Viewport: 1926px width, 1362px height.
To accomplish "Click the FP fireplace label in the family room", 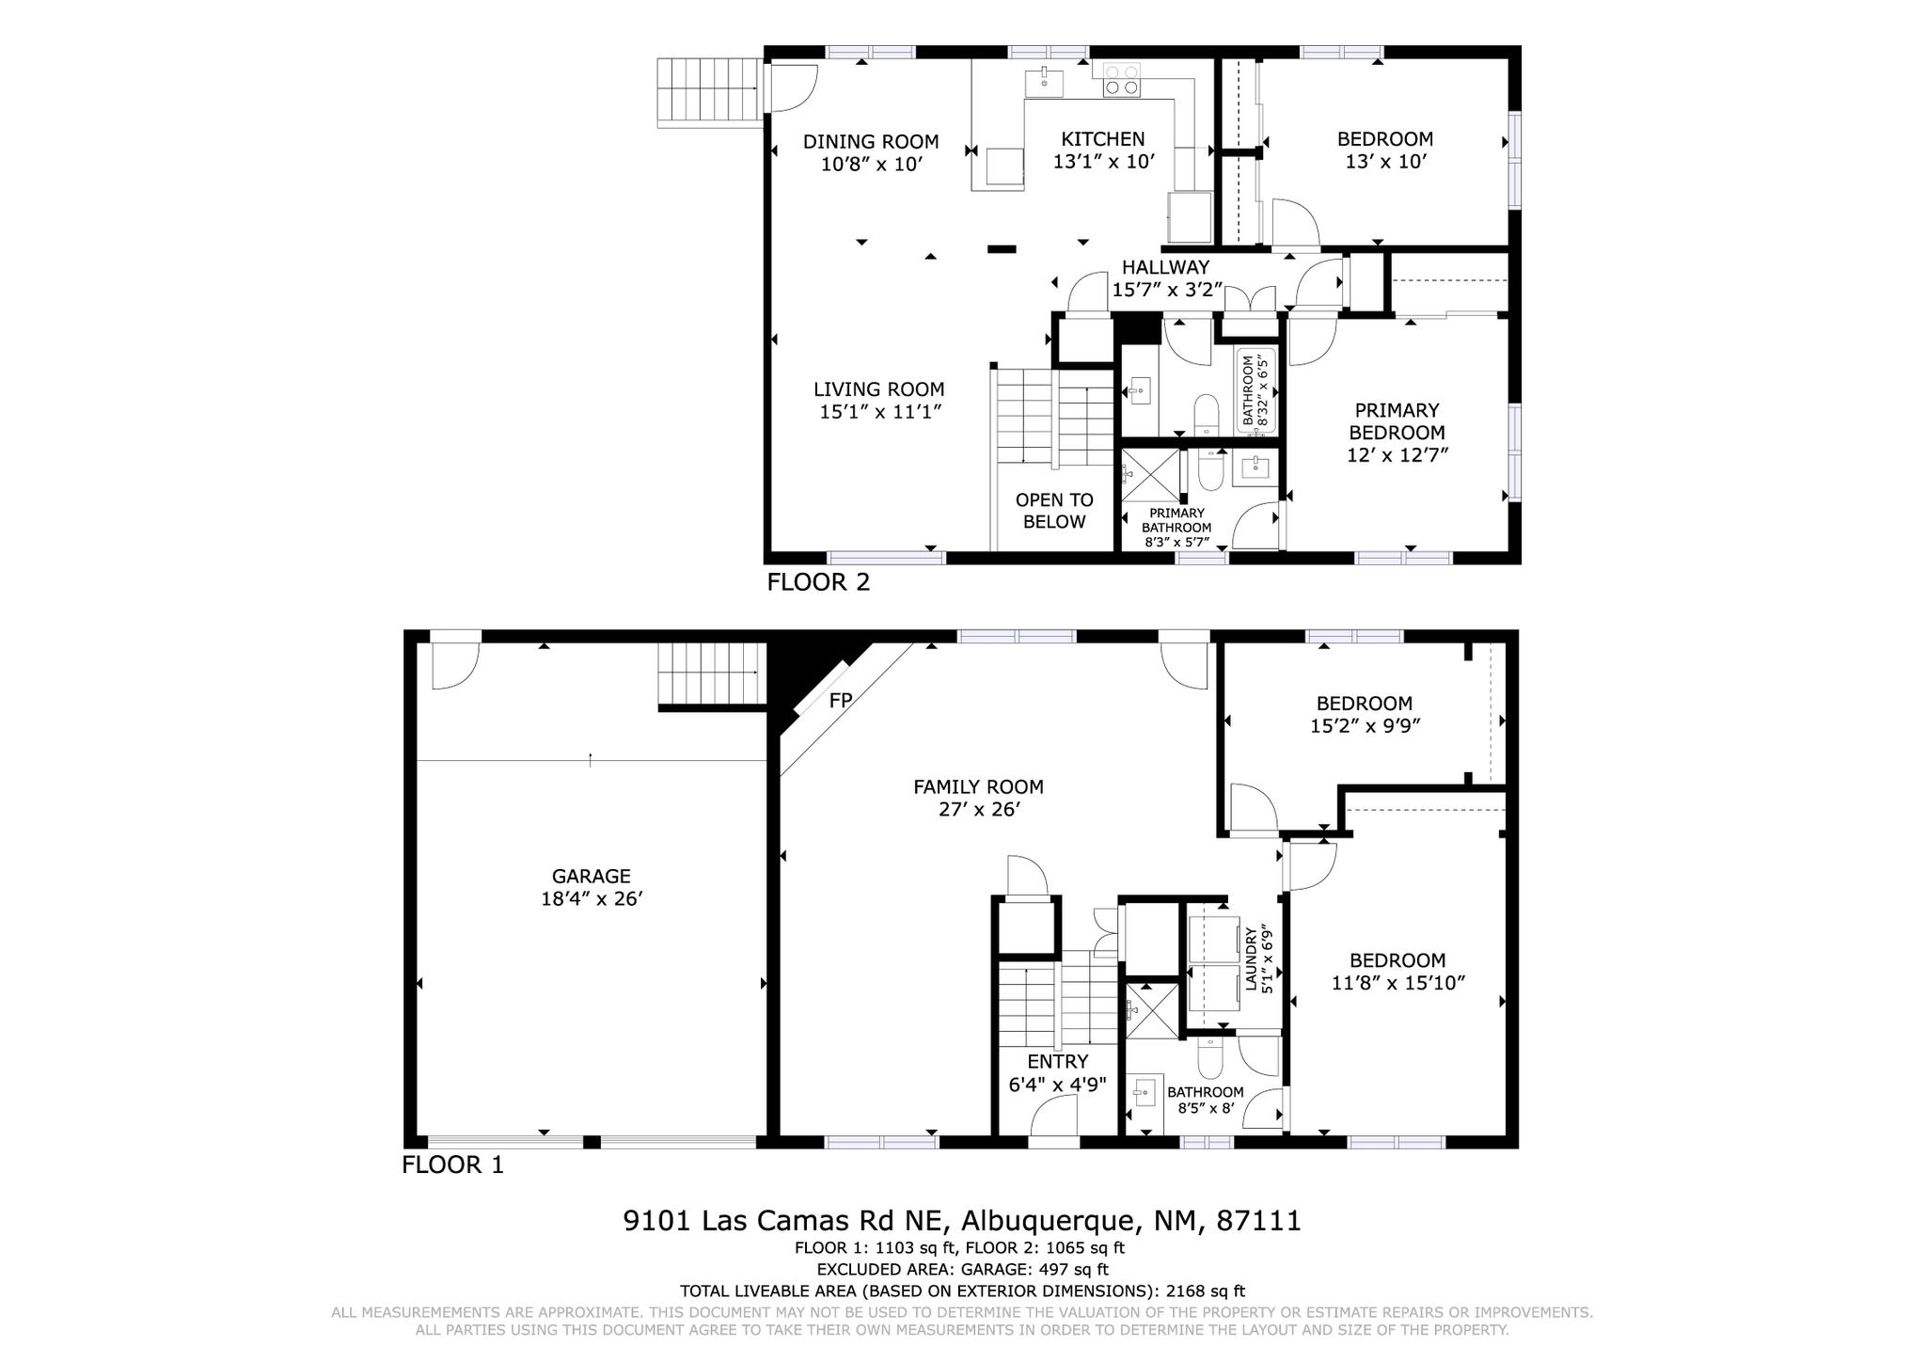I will coord(840,701).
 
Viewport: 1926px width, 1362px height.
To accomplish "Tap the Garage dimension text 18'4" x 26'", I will coord(591,899).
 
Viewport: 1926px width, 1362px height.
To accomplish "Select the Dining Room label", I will coord(870,142).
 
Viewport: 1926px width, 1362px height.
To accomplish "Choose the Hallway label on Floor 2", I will coord(1165,268).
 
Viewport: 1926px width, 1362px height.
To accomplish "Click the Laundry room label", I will coord(1251,959).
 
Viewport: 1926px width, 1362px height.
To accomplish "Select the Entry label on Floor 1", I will coord(1057,1062).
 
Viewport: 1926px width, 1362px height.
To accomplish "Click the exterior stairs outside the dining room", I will coord(708,90).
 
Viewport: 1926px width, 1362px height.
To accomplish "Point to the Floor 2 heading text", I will coord(818,582).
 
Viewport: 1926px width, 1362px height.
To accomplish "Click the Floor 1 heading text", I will coord(452,1165).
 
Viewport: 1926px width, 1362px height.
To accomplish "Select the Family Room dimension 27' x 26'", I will coord(978,810).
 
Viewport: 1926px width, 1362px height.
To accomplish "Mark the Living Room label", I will coord(878,389).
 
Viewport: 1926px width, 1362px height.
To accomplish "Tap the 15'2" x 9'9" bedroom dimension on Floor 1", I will coord(1364,726).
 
